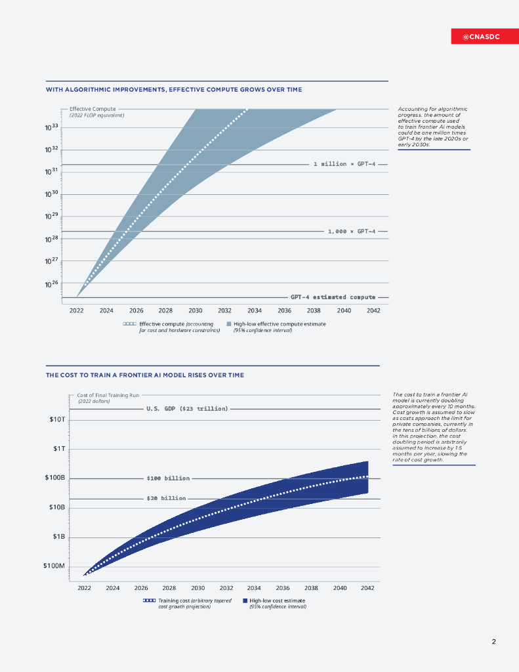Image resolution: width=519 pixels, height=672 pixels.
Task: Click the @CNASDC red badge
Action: click(x=481, y=37)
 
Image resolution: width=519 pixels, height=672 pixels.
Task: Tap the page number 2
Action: click(x=493, y=641)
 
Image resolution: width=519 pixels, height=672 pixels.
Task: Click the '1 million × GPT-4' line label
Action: click(x=343, y=164)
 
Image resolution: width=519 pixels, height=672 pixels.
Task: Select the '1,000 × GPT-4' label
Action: click(x=352, y=231)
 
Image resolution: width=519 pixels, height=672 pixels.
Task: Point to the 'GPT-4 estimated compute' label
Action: click(x=333, y=297)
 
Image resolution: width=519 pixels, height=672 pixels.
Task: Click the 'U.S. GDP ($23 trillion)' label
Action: click(x=187, y=409)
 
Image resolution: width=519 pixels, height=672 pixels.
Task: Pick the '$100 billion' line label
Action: click(x=168, y=478)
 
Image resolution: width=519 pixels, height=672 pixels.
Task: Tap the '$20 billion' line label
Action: click(x=166, y=499)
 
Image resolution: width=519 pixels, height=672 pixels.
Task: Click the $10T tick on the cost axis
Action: click(x=57, y=419)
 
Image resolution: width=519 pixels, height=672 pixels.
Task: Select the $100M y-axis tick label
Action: click(x=54, y=566)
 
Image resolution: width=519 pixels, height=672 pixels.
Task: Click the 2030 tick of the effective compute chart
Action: click(x=195, y=310)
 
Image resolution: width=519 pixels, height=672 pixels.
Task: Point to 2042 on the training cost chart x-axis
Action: click(x=367, y=588)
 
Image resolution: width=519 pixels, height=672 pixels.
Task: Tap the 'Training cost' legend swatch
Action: click(x=149, y=600)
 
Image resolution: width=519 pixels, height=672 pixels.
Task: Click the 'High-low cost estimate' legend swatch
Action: click(x=245, y=600)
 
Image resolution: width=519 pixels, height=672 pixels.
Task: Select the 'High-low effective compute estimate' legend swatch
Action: click(x=228, y=324)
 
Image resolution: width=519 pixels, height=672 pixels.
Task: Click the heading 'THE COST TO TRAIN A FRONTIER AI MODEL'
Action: click(x=144, y=375)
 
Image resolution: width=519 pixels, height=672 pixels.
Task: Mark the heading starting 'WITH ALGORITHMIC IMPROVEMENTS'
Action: click(x=174, y=89)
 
